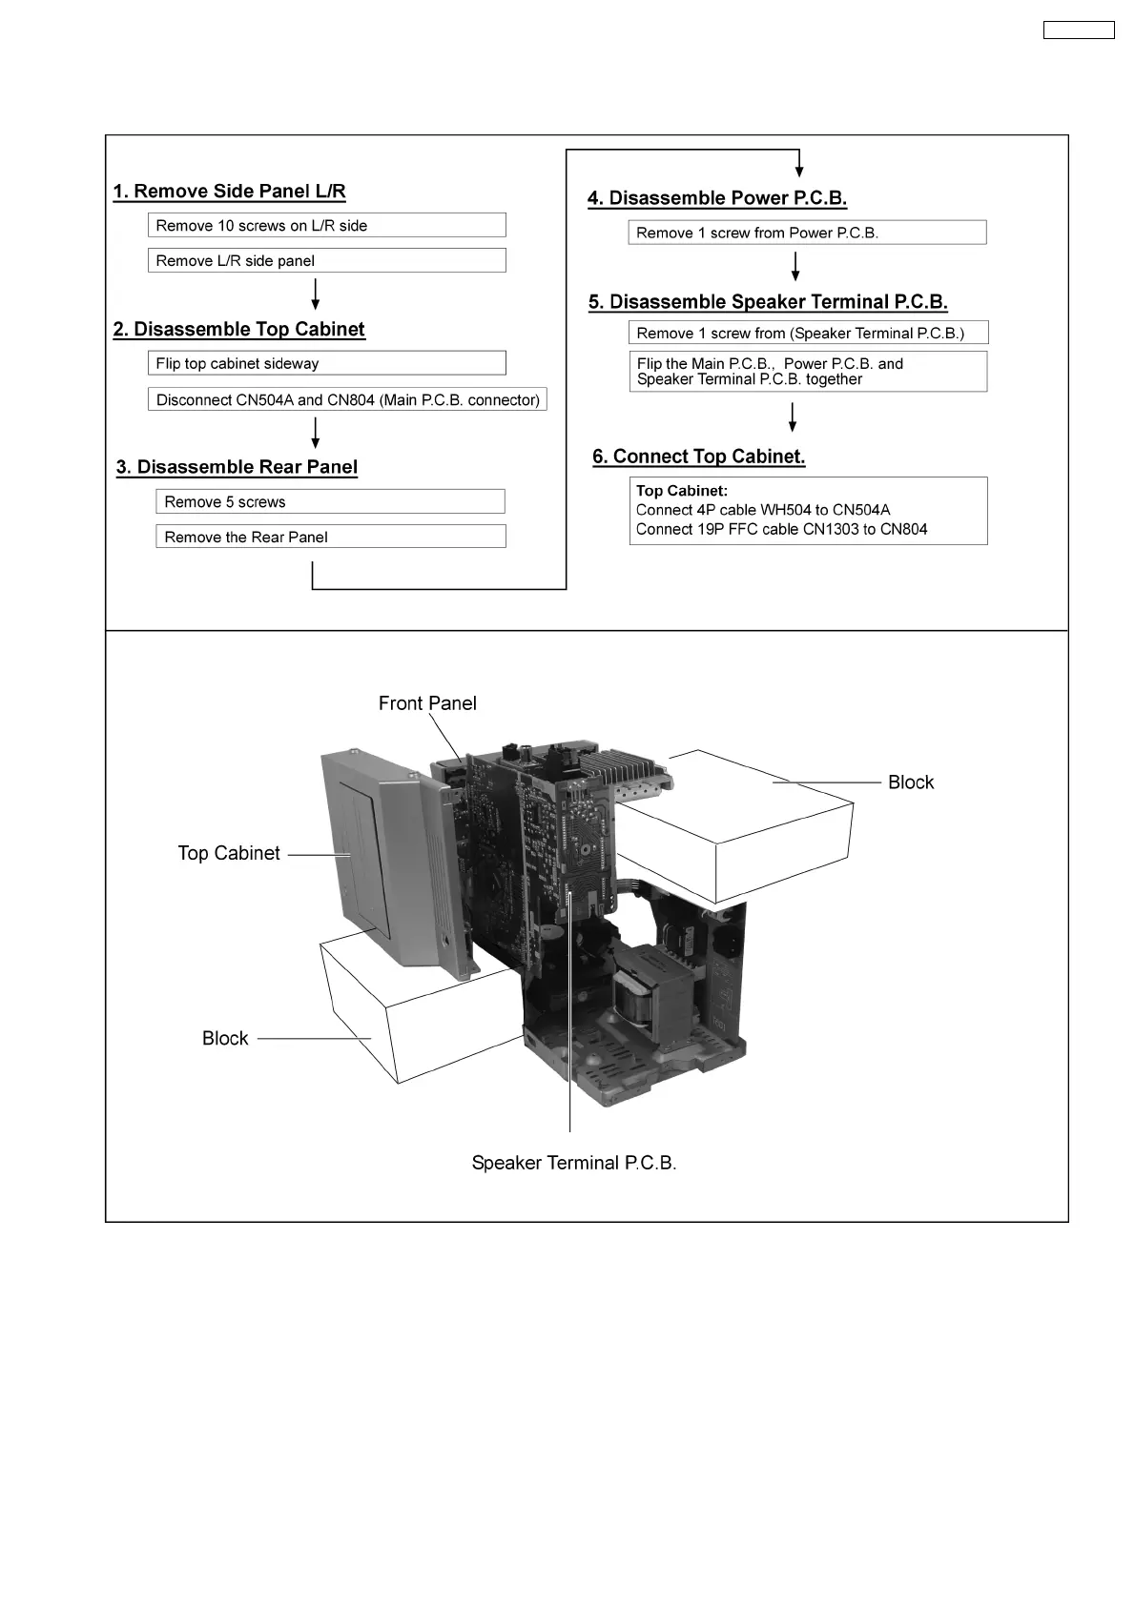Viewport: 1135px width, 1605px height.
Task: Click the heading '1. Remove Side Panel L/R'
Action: click(229, 192)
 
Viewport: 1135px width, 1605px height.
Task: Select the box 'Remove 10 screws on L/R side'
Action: click(326, 226)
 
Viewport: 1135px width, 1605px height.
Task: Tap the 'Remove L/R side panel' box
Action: click(326, 261)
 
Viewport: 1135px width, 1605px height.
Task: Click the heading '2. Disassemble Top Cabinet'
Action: click(238, 330)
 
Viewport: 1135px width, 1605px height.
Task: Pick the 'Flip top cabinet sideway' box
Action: click(326, 364)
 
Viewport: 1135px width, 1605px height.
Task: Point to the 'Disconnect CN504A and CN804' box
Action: click(347, 400)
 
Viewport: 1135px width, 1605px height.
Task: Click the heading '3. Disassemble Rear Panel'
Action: click(237, 467)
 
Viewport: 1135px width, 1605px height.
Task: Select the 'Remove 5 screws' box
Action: click(330, 502)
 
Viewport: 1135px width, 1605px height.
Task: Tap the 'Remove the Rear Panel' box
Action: click(330, 538)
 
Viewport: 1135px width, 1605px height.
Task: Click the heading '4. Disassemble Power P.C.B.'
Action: click(717, 198)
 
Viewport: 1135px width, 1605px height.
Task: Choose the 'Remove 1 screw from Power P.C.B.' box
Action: click(807, 234)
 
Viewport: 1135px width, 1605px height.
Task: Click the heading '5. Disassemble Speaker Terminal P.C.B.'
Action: click(768, 302)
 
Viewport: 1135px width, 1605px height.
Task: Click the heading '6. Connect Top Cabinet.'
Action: click(699, 457)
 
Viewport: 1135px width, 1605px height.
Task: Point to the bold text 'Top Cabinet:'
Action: click(682, 491)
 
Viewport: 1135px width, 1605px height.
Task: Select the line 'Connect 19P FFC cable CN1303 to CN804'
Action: click(781, 530)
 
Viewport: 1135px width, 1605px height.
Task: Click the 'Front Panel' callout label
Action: click(427, 703)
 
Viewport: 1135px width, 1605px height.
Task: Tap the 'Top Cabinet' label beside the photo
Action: click(229, 853)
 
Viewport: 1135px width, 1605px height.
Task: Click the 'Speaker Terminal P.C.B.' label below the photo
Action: click(574, 1163)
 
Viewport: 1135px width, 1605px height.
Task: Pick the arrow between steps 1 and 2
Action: click(316, 295)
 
